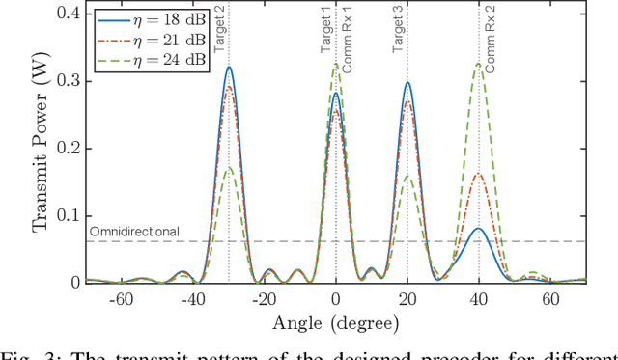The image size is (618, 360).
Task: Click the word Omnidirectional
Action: click(134, 232)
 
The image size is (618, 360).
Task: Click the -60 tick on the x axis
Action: click(121, 299)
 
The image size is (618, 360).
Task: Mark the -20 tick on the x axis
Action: click(264, 299)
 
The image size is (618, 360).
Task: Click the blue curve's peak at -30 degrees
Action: click(229, 68)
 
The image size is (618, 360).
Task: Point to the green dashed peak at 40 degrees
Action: click(479, 65)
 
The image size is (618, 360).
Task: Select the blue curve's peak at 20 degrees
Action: click(407, 83)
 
